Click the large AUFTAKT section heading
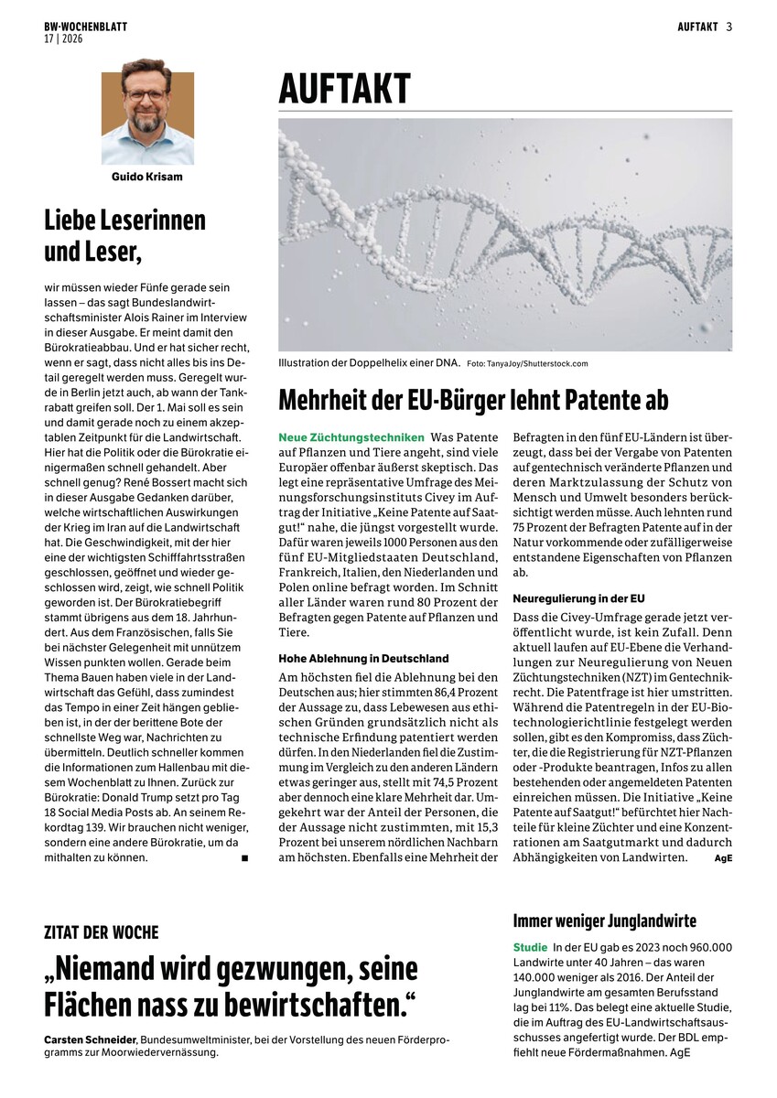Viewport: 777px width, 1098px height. click(345, 89)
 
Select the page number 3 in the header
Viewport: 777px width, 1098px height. click(729, 27)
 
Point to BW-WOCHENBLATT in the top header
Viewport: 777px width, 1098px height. click(85, 27)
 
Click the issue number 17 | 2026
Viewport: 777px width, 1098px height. click(63, 39)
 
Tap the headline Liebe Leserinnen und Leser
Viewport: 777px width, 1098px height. click(124, 233)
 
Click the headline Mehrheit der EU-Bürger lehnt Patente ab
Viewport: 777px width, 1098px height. click(473, 400)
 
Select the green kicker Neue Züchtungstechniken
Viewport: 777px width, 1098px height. click(351, 437)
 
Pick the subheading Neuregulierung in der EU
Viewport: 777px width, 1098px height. click(578, 598)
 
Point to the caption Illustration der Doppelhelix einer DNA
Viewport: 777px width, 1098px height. click(369, 363)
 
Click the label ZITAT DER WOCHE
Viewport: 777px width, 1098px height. click(102, 932)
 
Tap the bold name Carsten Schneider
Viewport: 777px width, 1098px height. click(89, 1039)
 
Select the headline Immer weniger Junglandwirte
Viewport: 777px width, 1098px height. click(605, 920)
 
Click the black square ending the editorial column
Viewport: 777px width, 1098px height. click(244, 858)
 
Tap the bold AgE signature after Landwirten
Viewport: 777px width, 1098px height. click(723, 857)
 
